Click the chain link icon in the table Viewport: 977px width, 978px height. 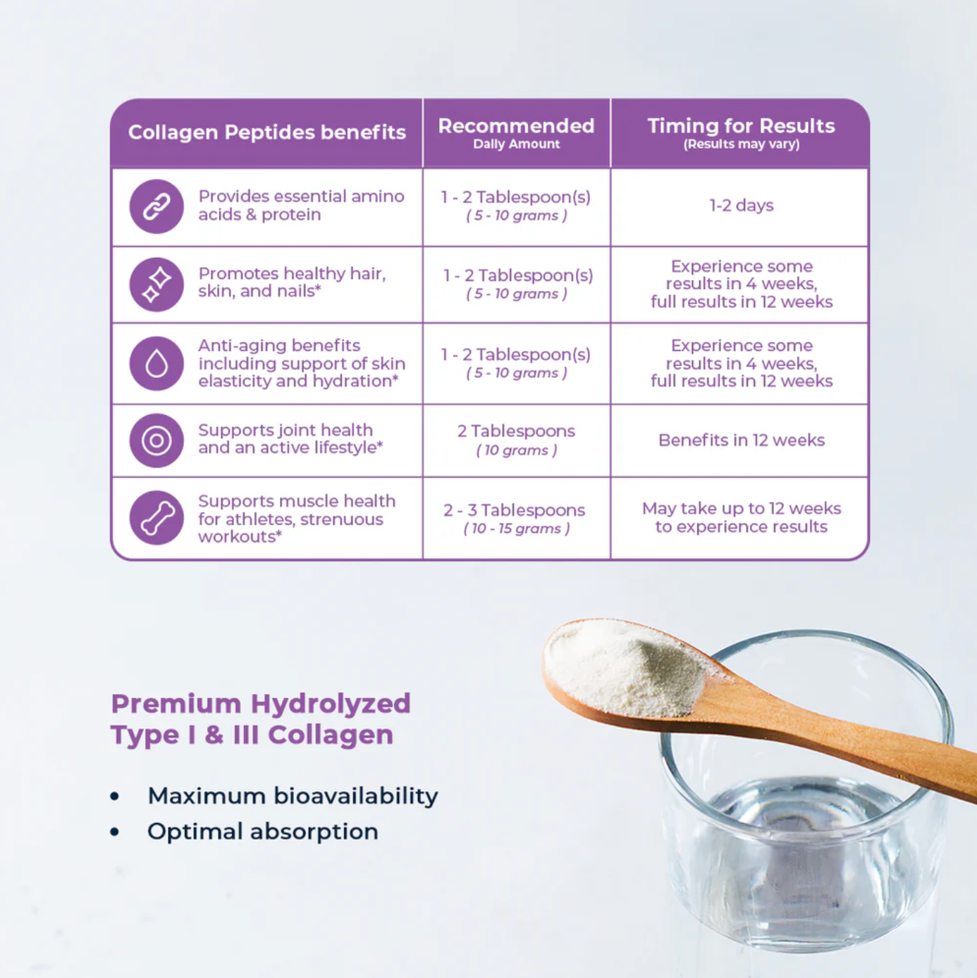(156, 206)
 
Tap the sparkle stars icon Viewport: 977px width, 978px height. (156, 284)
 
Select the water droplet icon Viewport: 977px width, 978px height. (156, 364)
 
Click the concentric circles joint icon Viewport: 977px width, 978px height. (156, 440)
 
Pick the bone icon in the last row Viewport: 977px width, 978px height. (156, 518)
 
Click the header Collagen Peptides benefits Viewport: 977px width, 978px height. (267, 132)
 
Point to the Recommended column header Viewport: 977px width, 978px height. (516, 126)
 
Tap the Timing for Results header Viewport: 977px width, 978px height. (741, 126)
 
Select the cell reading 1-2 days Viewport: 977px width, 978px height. (742, 205)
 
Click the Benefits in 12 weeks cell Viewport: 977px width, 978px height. (742, 440)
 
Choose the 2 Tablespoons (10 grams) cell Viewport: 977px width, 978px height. (516, 440)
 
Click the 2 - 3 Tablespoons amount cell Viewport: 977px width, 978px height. (515, 518)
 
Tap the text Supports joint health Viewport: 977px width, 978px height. (285, 430)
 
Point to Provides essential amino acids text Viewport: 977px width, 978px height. (301, 205)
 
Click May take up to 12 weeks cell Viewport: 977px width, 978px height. (742, 517)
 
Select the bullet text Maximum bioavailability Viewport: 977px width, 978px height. (293, 796)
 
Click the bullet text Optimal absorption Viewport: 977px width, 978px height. (262, 831)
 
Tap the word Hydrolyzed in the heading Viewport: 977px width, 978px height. (331, 705)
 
